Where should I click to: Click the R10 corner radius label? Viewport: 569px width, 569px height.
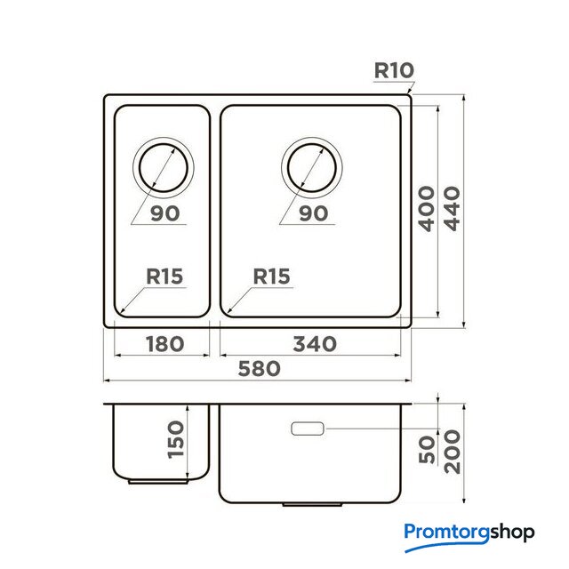(x=394, y=70)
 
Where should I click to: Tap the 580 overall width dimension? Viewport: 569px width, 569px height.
(x=259, y=368)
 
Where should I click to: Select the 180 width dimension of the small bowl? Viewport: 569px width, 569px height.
(x=164, y=344)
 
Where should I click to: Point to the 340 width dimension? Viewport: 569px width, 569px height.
(x=315, y=344)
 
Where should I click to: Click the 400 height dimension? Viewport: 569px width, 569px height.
(x=427, y=208)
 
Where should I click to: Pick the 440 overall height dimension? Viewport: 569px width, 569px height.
(x=453, y=208)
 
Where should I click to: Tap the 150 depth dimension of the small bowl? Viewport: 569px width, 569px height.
(x=176, y=439)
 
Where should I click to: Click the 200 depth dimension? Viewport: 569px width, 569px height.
(x=453, y=452)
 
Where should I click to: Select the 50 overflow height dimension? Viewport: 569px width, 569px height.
(x=427, y=450)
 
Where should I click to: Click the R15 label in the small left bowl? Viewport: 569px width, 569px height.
(x=164, y=276)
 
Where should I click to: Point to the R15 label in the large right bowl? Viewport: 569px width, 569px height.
(x=271, y=276)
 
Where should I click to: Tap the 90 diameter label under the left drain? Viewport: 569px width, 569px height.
(x=165, y=213)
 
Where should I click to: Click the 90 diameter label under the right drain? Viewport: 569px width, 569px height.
(x=314, y=213)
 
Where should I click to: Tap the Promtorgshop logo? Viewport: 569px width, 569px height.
(x=469, y=537)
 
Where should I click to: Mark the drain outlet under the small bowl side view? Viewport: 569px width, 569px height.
(x=158, y=482)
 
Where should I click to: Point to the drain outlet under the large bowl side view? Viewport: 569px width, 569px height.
(x=312, y=504)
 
